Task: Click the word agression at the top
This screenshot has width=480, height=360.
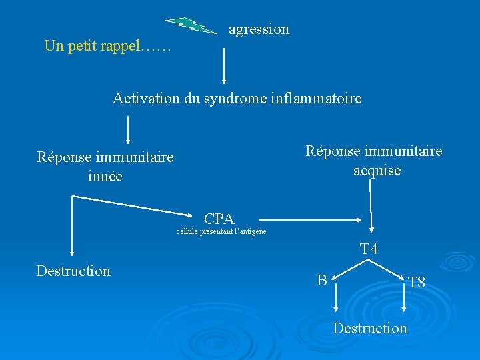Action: pos(259,29)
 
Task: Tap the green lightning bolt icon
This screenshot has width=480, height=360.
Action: pos(191,25)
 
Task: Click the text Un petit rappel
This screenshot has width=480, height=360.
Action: pos(107,47)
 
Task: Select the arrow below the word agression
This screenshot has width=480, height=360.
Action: pos(223,63)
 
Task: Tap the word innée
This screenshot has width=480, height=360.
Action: pos(105,177)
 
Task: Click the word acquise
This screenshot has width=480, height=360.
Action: pos(377,171)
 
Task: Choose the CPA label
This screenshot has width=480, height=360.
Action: pos(219,219)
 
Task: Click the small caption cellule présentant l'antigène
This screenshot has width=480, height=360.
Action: pos(221,232)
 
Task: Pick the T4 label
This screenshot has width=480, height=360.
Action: pos(369,249)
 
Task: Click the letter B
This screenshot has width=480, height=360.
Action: pos(322,281)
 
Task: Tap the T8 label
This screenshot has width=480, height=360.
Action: pos(417,283)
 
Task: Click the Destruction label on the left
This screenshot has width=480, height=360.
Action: pos(73,271)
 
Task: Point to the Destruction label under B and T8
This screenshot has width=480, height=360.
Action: pos(370,328)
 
